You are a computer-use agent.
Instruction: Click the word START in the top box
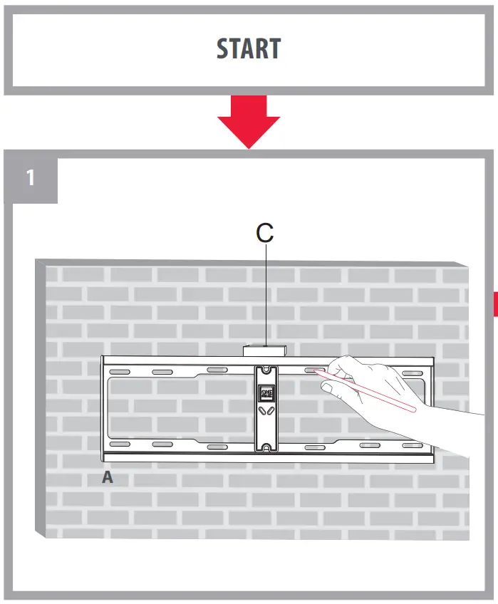pos(249,49)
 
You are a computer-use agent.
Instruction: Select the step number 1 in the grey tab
pos(30,177)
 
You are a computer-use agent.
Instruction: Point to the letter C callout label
pos(264,233)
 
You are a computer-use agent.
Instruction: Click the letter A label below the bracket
pos(108,478)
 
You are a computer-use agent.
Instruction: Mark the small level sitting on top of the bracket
pos(264,351)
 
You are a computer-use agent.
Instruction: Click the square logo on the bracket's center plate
pos(266,392)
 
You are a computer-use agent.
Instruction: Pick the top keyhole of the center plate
pos(266,369)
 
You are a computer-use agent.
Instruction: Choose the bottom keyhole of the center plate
pos(266,447)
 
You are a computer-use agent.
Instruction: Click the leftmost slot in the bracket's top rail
pos(119,373)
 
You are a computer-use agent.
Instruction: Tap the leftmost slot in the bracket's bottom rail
pos(119,444)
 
